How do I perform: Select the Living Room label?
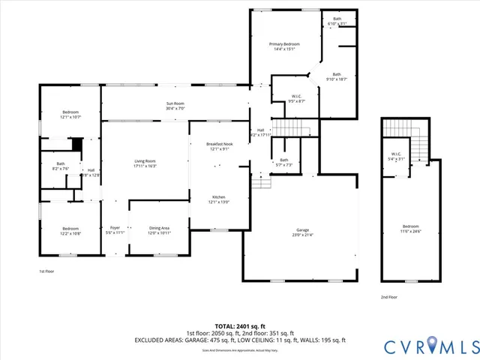pyautogui.click(x=145, y=163)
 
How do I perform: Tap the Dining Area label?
pyautogui.click(x=159, y=230)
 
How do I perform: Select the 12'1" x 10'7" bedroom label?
pyautogui.click(x=70, y=115)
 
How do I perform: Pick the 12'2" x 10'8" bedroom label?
pyautogui.click(x=70, y=230)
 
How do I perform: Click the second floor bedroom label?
pyautogui.click(x=410, y=229)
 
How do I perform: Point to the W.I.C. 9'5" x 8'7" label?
pyautogui.click(x=297, y=98)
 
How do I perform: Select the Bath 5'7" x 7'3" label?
pyautogui.click(x=284, y=162)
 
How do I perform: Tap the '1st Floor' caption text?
pyautogui.click(x=47, y=271)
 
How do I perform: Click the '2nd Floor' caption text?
pyautogui.click(x=389, y=297)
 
